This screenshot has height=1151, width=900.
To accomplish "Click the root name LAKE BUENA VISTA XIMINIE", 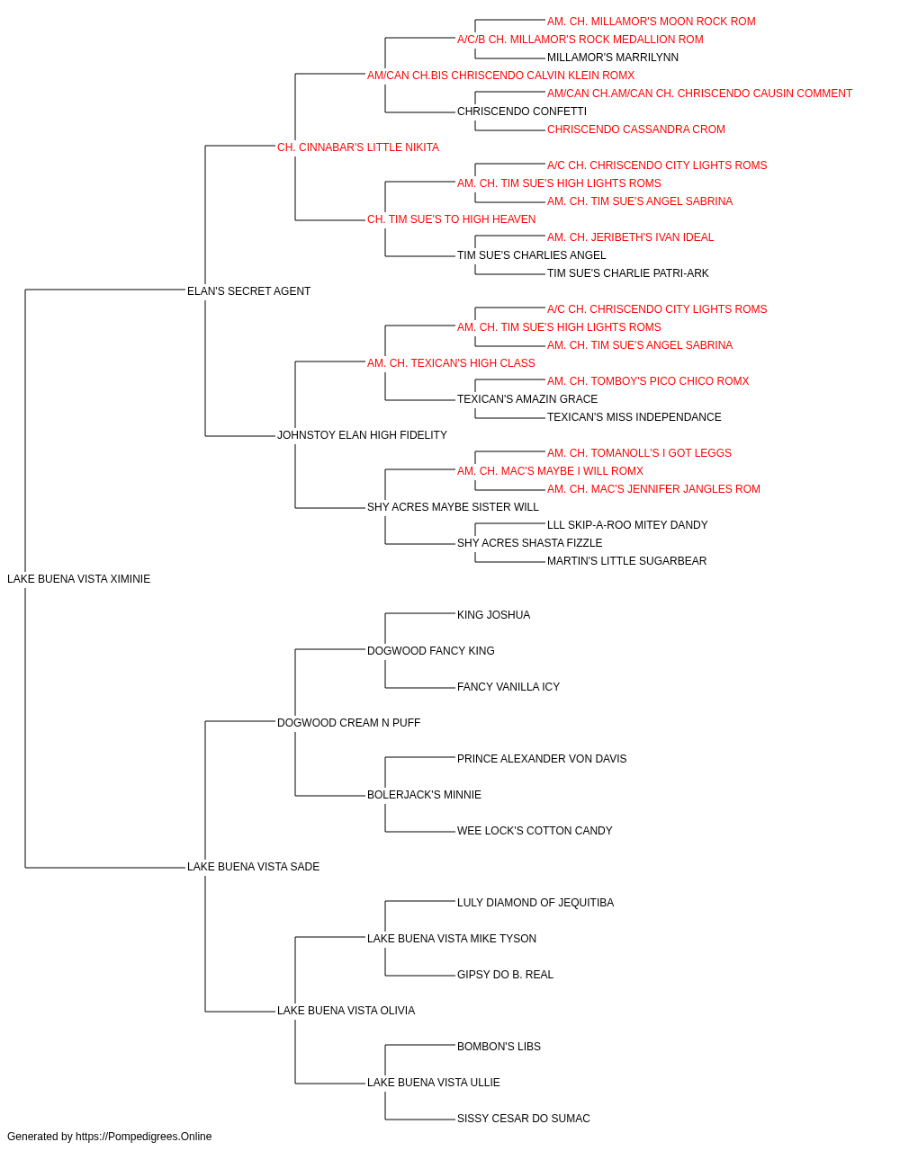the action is (x=79, y=579).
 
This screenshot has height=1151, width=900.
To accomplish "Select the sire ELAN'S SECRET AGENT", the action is (x=248, y=291).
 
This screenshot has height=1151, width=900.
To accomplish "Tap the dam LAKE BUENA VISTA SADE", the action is (x=254, y=867).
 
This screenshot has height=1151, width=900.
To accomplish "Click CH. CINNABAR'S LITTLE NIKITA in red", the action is (x=358, y=147).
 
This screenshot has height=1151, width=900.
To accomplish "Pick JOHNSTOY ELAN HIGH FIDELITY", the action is (x=362, y=435).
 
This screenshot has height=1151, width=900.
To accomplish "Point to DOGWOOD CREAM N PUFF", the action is (x=349, y=722).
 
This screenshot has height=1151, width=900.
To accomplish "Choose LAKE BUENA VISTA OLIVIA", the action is (x=346, y=1010).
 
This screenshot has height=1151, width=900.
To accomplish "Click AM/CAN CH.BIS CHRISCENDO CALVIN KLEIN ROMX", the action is (x=501, y=76).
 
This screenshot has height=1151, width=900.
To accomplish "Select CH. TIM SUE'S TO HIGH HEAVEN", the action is (x=452, y=219).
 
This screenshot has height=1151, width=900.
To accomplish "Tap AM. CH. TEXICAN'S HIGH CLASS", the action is (x=451, y=362).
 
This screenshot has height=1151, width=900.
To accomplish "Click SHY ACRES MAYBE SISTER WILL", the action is (x=454, y=507).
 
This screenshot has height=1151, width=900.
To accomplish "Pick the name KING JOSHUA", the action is (x=493, y=615).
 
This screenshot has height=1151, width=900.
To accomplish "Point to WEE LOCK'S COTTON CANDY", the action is (x=535, y=831).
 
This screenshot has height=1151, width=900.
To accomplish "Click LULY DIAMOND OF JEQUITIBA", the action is (x=535, y=903).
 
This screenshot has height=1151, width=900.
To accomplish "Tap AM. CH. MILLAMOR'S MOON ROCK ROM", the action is (x=652, y=22).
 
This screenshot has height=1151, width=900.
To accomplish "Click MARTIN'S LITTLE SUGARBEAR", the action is (x=627, y=561).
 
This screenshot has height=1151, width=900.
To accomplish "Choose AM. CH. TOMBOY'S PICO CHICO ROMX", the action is (x=648, y=381).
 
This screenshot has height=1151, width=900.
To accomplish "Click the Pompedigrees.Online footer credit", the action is (x=109, y=1137).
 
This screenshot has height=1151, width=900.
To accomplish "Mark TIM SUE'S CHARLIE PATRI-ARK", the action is (x=628, y=273).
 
